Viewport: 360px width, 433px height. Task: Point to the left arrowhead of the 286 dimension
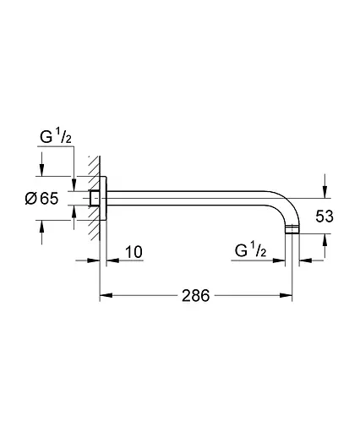[x=106, y=296]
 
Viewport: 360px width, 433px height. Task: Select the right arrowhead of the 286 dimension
[x=288, y=296]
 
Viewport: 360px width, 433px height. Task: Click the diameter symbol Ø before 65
[x=30, y=199]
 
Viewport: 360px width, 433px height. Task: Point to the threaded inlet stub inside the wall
[x=95, y=199]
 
